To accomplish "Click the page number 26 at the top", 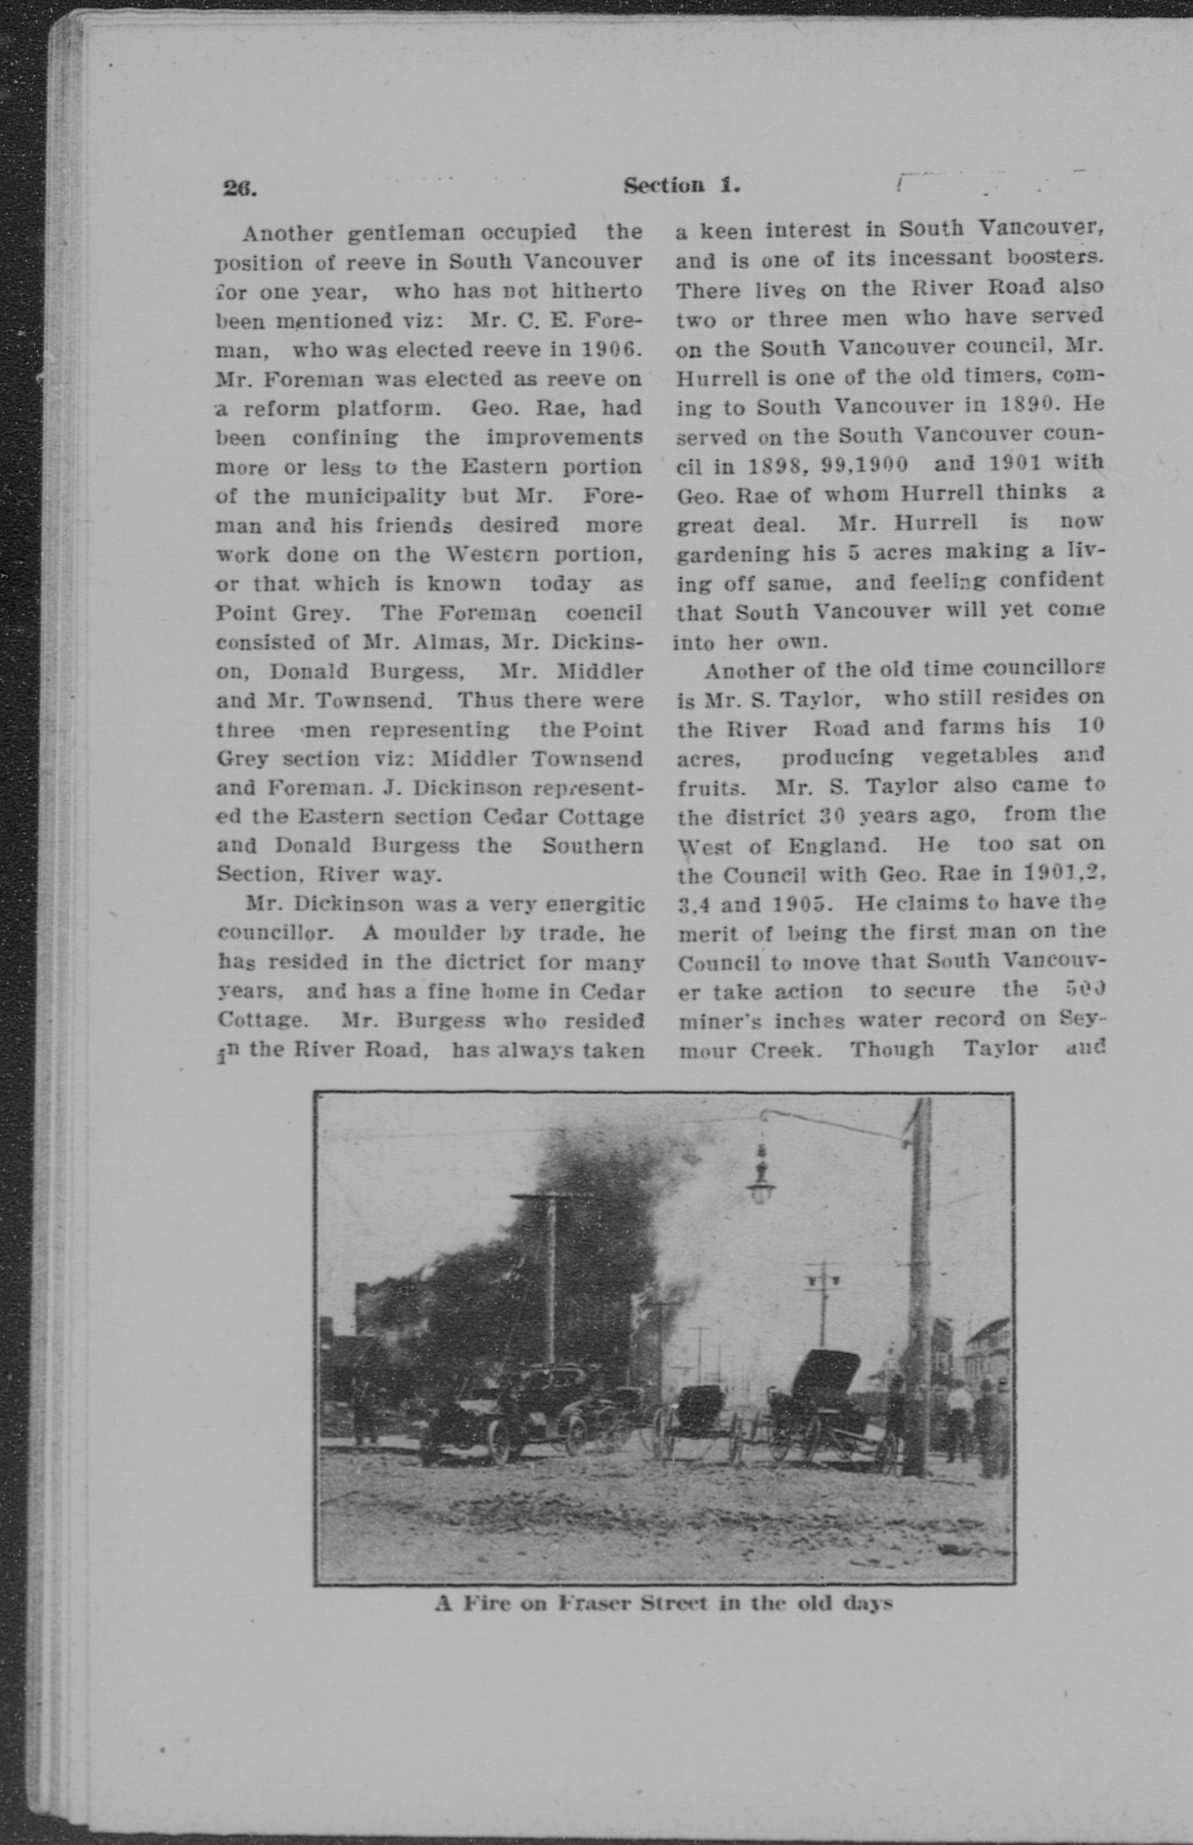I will [239, 189].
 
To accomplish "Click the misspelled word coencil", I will [604, 613].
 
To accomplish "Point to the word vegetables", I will [979, 756].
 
